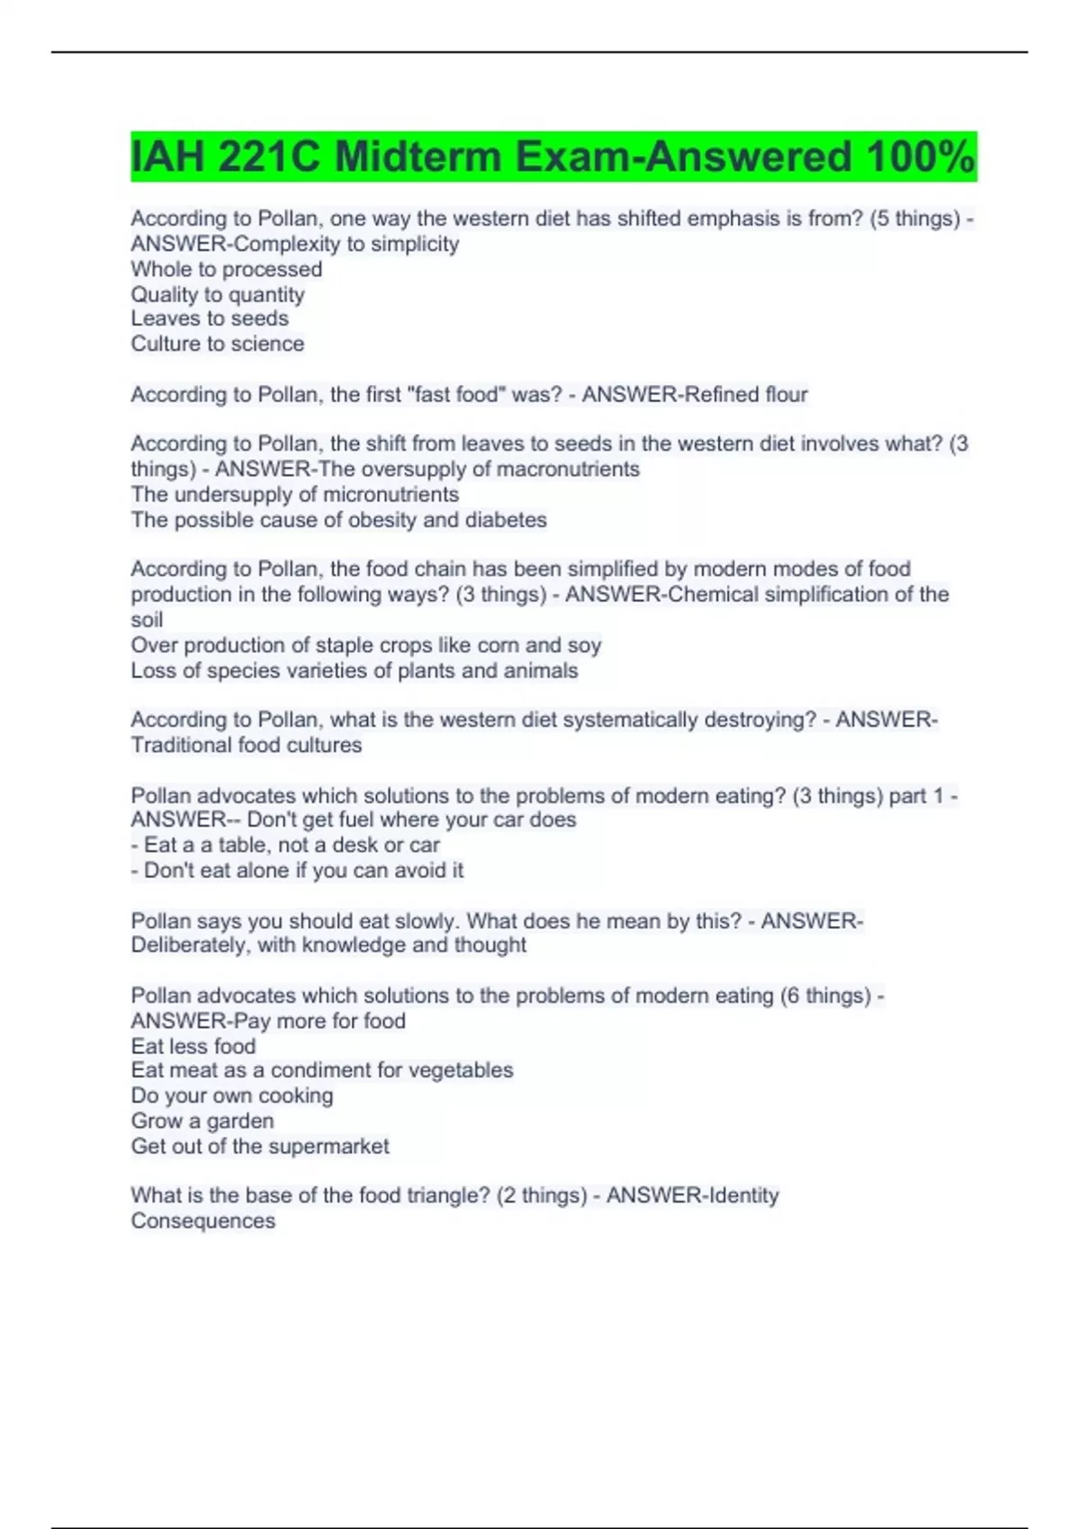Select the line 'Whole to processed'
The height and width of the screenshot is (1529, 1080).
226,269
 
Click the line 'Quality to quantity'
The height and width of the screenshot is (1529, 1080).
217,294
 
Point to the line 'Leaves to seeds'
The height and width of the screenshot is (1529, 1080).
209,318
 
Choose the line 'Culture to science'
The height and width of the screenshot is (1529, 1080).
217,344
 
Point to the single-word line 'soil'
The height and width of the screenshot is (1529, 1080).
147,620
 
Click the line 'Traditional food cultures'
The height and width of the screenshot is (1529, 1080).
246,745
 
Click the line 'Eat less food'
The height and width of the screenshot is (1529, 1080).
193,1046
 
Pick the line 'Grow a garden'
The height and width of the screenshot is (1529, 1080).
202,1121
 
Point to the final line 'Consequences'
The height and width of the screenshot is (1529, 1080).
202,1221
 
